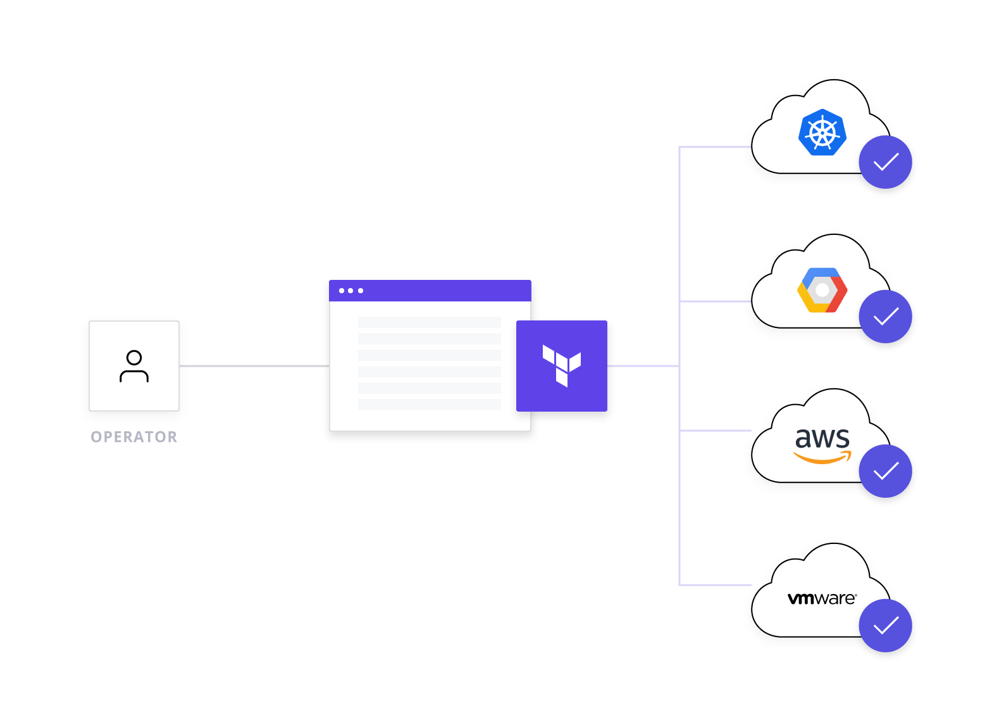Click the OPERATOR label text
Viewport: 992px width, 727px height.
[x=134, y=437]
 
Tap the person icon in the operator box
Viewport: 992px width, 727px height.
[x=134, y=366]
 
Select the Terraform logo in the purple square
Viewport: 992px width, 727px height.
[x=562, y=365]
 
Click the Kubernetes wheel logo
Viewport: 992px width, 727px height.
[x=822, y=132]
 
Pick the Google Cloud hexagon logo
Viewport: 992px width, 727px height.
[x=822, y=290]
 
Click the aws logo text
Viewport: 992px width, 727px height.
[x=822, y=438]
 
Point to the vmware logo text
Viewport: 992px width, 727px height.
[x=822, y=598]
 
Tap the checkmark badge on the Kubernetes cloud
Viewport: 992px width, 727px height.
[x=885, y=162]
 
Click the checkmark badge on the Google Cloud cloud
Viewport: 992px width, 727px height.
[x=885, y=317]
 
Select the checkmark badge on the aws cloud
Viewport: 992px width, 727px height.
[x=885, y=471]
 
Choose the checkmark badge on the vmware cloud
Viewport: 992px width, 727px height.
[x=885, y=626]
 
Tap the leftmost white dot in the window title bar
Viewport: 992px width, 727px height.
[x=342, y=291]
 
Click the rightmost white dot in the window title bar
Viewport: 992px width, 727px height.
[x=361, y=291]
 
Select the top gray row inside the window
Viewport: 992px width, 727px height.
[x=430, y=322]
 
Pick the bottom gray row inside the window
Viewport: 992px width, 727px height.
[x=430, y=404]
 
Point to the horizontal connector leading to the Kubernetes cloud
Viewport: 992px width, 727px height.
[x=715, y=147]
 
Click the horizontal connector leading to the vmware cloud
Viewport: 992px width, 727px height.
[x=715, y=585]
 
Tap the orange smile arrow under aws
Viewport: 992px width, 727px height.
[x=822, y=458]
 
